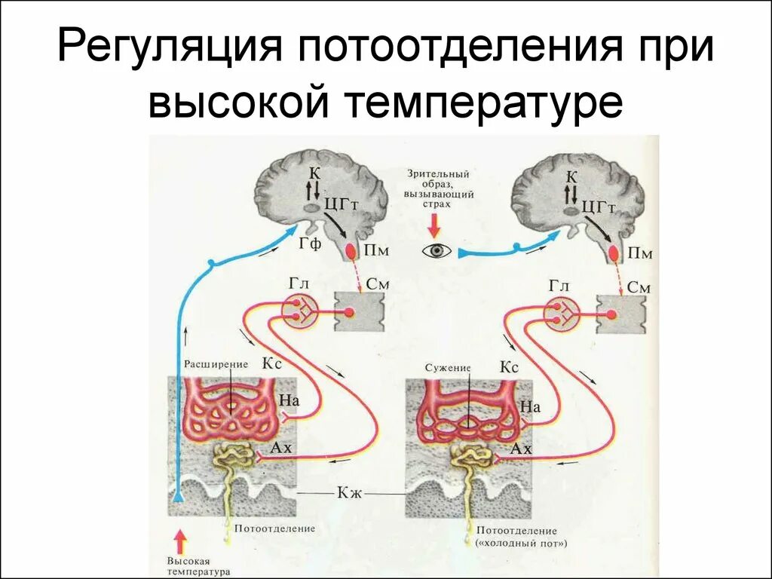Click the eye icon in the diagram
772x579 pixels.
(437, 251)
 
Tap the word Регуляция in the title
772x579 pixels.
(169, 48)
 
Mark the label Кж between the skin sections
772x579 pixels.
(351, 494)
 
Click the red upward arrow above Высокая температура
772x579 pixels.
(179, 541)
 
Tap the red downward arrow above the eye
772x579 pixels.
(435, 225)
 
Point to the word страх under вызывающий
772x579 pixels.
(436, 204)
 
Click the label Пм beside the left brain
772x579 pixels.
(378, 251)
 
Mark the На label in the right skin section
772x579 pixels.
(530, 407)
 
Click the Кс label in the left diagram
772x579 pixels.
(272, 363)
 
